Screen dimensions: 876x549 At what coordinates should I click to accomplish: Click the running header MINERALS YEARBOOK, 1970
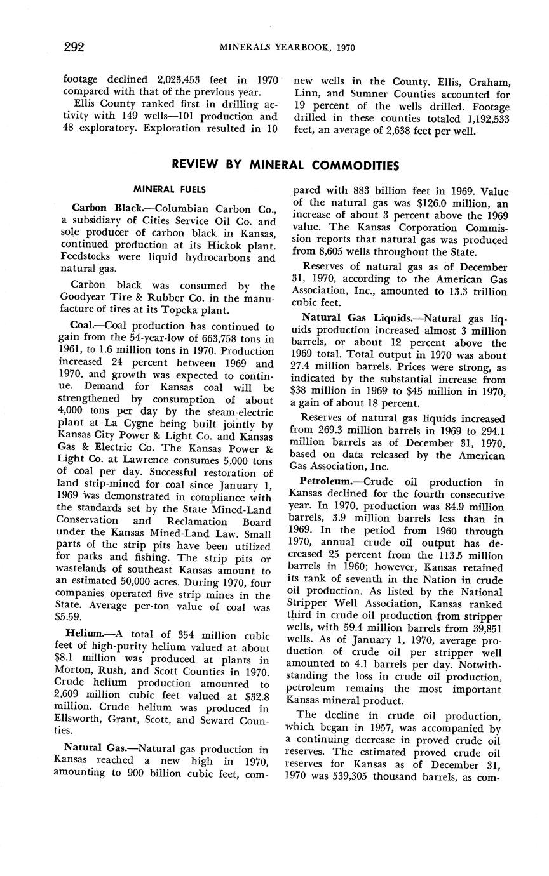pos(287,48)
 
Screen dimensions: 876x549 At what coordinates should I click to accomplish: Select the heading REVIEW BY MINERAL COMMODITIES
pos(286,166)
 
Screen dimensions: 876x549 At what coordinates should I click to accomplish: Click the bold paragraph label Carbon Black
pos(107,208)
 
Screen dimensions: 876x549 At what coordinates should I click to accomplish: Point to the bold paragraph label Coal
pos(83,328)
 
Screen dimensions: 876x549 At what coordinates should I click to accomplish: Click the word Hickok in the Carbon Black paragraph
pos(210,246)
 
